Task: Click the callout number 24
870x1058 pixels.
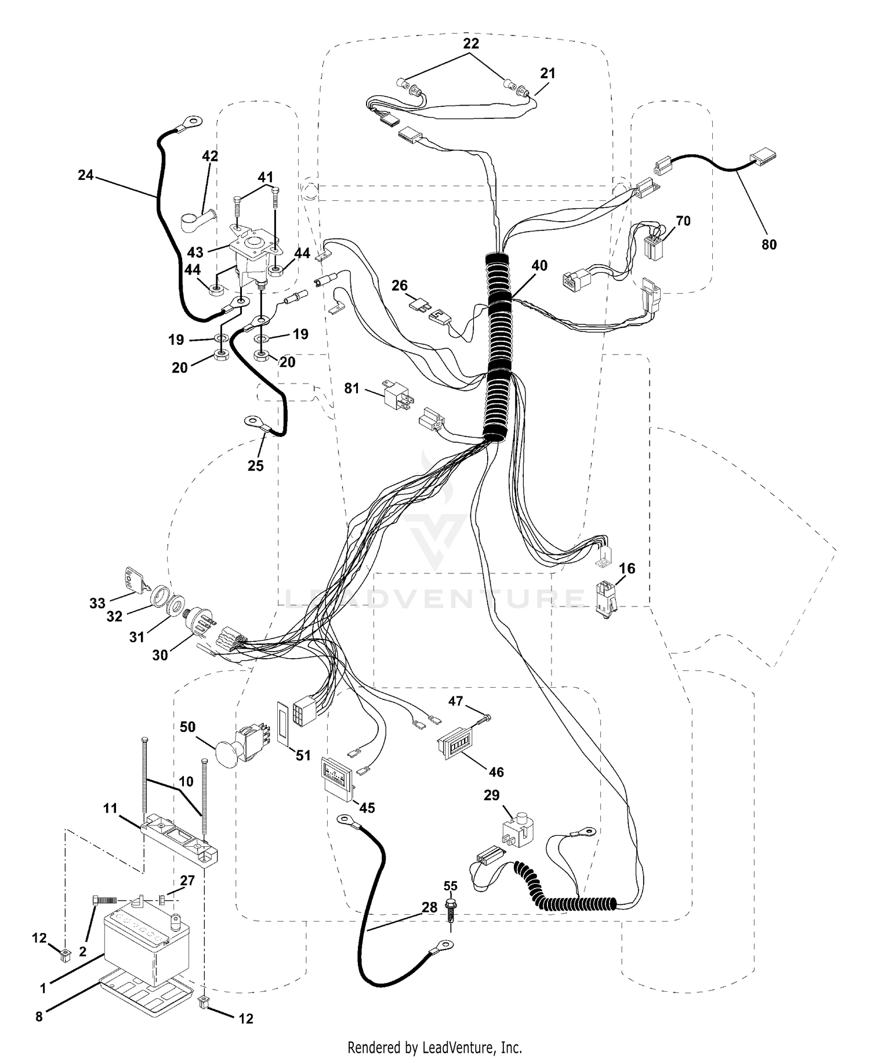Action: tap(86, 175)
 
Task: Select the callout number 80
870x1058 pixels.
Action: tap(769, 244)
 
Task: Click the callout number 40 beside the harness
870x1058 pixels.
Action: tap(539, 265)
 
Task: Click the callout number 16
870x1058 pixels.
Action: tap(628, 568)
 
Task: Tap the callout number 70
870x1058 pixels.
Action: tap(683, 221)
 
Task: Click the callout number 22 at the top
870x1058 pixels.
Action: tap(471, 43)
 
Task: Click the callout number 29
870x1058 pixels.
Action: tap(491, 795)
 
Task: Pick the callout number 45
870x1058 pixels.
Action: tap(367, 807)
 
